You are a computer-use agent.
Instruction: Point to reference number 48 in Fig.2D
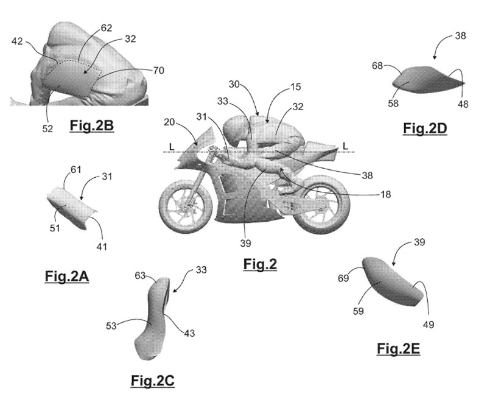click(x=463, y=104)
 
